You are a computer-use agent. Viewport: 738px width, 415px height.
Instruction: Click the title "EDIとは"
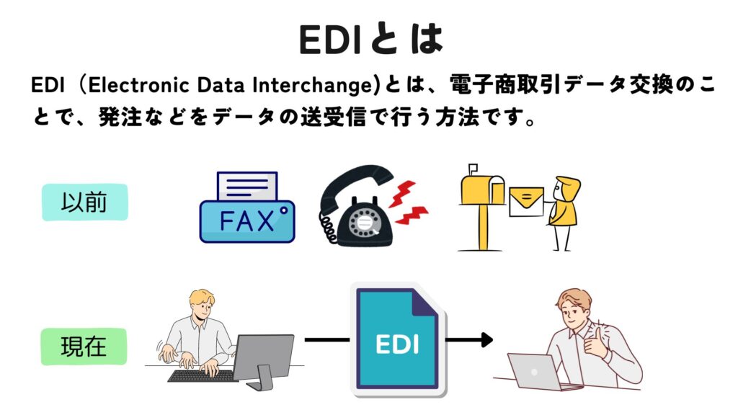(x=371, y=39)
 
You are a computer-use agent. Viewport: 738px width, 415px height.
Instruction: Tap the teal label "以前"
(x=85, y=202)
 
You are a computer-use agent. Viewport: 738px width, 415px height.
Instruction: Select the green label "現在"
(x=84, y=347)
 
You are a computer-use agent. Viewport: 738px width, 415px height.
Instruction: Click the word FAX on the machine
(x=246, y=221)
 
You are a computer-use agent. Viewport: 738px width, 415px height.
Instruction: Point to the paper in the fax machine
(x=247, y=187)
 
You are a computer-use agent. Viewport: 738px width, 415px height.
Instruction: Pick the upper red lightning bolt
(x=402, y=193)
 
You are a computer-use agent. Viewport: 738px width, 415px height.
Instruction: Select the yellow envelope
(x=526, y=202)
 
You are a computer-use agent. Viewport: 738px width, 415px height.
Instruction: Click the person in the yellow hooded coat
(x=564, y=213)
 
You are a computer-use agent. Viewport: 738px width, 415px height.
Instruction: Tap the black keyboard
(x=202, y=375)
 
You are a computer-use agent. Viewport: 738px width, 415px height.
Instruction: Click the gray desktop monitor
(x=264, y=361)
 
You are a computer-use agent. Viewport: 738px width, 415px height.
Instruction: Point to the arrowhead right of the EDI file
(x=486, y=340)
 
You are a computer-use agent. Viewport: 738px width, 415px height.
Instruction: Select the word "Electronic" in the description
(x=139, y=85)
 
